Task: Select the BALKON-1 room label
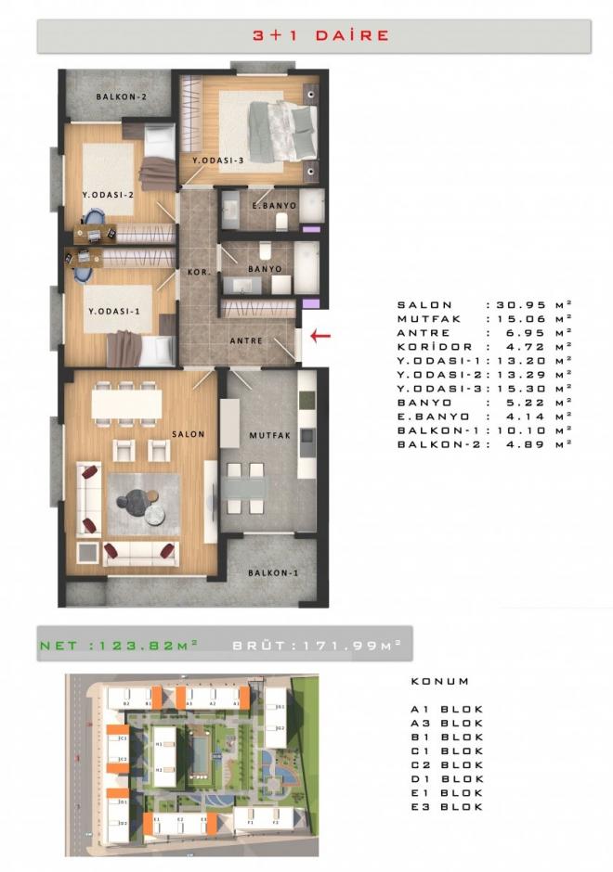[x=273, y=572]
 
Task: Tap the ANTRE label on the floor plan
[x=246, y=340]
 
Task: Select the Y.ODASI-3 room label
[x=217, y=160]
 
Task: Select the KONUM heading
[x=439, y=681]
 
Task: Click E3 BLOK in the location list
[x=447, y=807]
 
